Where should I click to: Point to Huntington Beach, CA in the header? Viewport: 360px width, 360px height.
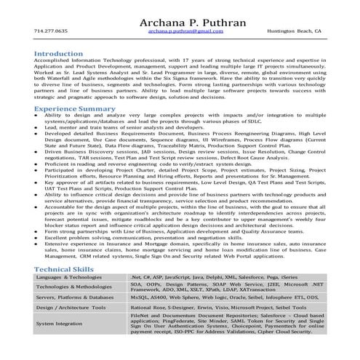click(292, 32)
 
